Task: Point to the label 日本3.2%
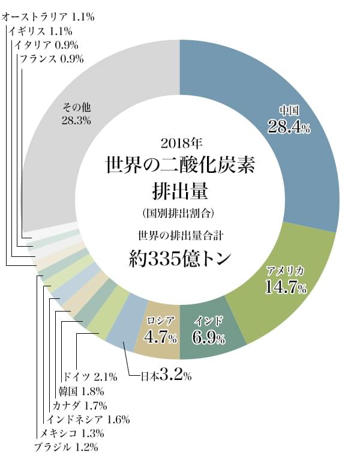click(166, 377)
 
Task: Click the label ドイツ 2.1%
click(89, 376)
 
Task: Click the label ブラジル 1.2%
click(65, 447)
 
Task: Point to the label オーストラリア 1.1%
click(48, 17)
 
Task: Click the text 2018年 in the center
click(180, 143)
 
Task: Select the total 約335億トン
click(180, 258)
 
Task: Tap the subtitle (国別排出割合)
click(180, 212)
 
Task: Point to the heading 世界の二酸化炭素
click(180, 165)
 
